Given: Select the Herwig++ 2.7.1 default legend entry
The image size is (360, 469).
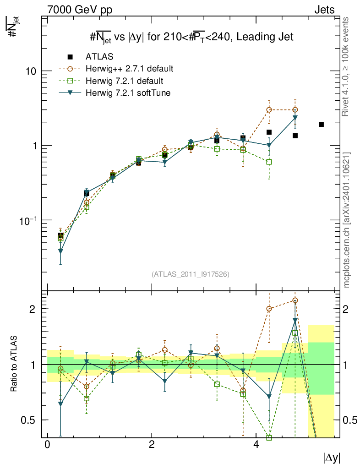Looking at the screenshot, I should pyautogui.click(x=129, y=69).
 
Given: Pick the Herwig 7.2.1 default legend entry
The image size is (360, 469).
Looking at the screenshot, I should pyautogui.click(x=124, y=81).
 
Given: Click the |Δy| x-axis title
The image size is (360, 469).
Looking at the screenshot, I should pyautogui.click(x=332, y=457).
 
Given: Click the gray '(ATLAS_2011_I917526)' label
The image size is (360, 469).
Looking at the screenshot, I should pyautogui.click(x=190, y=274).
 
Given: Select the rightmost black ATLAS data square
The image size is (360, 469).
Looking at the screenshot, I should pyautogui.click(x=321, y=125).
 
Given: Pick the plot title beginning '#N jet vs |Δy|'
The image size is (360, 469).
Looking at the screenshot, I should pyautogui.click(x=191, y=38).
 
